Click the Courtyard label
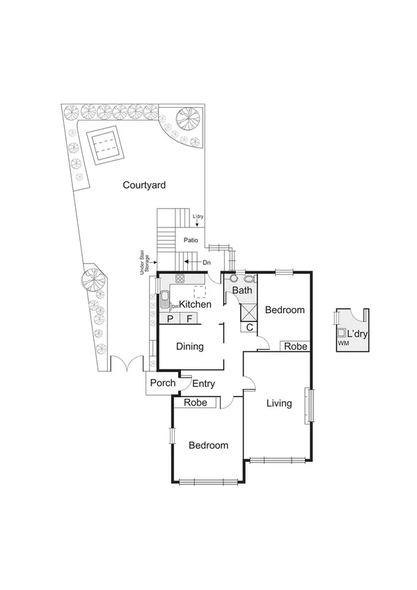144,185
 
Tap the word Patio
191,240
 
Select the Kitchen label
196,305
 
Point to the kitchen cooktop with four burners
180,278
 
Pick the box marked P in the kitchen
170,319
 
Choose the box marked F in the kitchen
189,319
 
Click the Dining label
189,346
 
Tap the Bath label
242,290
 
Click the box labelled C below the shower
249,327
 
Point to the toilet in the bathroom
249,278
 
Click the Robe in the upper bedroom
294,346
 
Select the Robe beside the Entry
196,402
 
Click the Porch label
163,383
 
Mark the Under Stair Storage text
144,263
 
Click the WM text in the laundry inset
342,344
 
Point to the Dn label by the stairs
207,262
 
